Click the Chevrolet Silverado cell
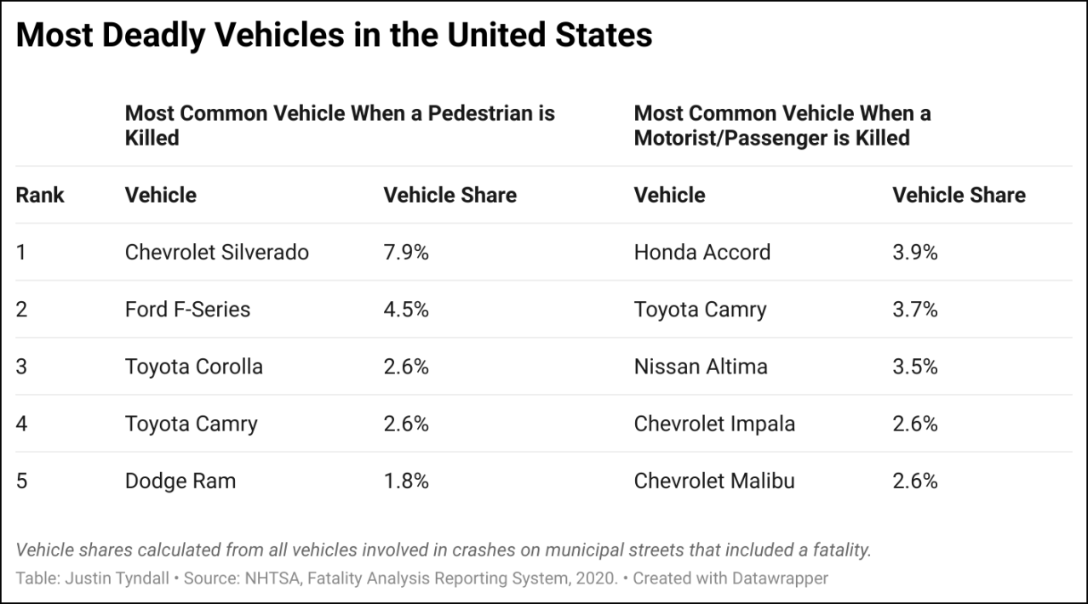coord(216,253)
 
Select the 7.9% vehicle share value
coord(406,253)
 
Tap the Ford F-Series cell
coord(187,310)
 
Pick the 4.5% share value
coord(406,310)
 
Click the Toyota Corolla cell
coord(193,367)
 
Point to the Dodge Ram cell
coord(180,481)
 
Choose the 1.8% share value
coord(406,481)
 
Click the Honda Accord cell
coord(701,253)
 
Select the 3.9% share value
coord(915,253)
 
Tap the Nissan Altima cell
coord(701,367)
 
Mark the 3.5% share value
coord(915,367)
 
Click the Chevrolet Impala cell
coord(714,424)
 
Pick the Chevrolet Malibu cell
coord(714,481)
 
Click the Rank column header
coord(40,196)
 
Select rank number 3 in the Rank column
coord(22,367)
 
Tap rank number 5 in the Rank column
coord(22,481)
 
